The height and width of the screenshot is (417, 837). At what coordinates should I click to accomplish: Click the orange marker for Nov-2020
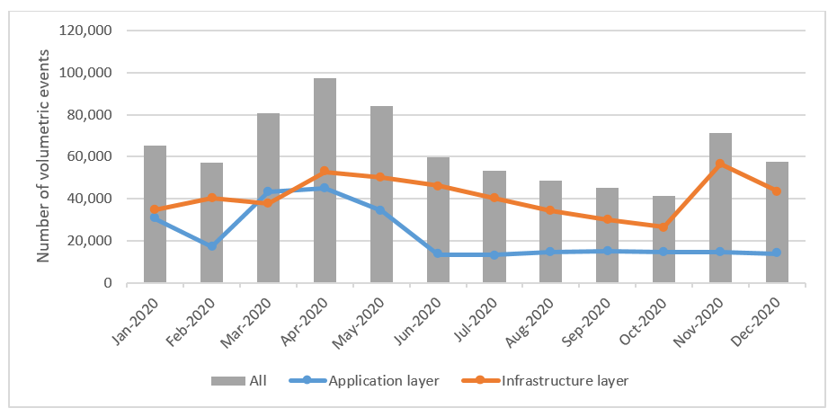(720, 164)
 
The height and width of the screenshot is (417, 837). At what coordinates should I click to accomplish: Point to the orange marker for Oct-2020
(663, 226)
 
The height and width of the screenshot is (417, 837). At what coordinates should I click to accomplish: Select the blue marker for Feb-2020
(211, 245)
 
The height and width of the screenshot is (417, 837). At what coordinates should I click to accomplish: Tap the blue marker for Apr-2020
(325, 188)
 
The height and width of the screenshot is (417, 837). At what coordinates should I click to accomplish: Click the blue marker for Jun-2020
(438, 254)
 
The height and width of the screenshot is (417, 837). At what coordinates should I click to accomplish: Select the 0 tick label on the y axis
(106, 283)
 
